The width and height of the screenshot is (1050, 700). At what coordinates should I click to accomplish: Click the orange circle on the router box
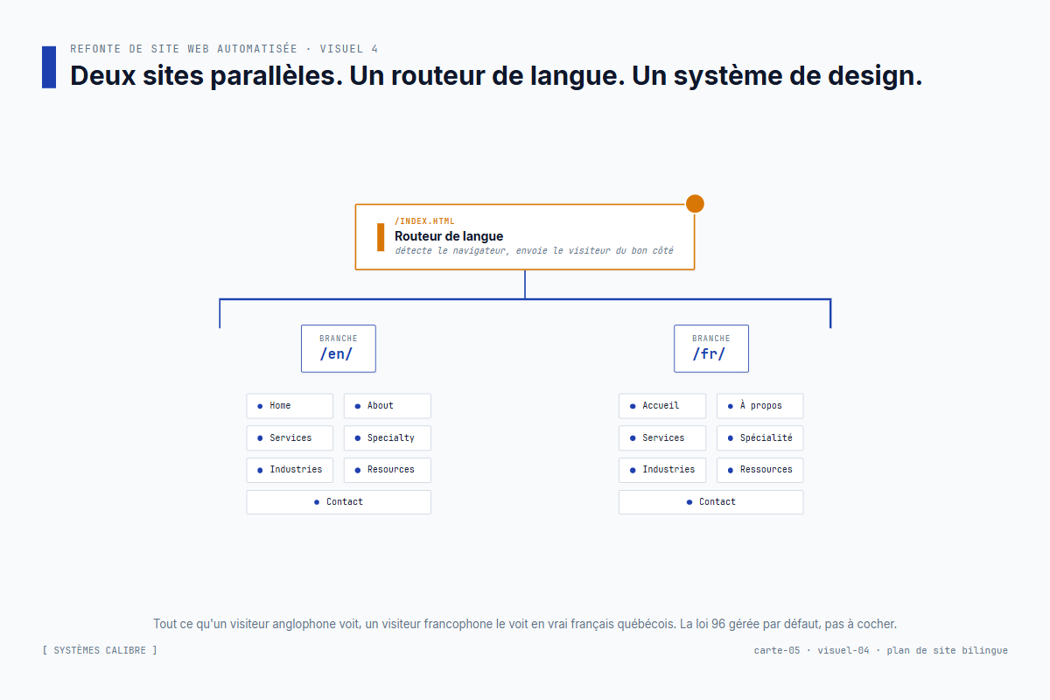coord(695,204)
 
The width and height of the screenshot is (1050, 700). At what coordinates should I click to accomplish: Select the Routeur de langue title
coord(449,236)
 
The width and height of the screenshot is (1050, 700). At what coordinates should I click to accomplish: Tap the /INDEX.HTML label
coord(424,221)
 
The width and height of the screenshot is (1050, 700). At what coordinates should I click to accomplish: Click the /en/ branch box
coord(339,348)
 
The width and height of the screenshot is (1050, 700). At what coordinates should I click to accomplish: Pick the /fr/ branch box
coord(711,348)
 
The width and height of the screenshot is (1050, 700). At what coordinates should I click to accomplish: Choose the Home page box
coord(290,406)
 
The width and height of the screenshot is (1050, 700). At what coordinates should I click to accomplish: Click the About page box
coord(387,406)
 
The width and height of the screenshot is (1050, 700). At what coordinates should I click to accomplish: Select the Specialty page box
coord(387,437)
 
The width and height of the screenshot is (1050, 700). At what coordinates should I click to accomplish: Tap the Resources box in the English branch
coord(387,470)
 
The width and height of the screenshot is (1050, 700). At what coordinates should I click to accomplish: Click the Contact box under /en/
coord(339,502)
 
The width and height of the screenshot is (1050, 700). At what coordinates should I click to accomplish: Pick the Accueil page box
coord(662,406)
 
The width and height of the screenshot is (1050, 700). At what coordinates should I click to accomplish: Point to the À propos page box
coord(759,406)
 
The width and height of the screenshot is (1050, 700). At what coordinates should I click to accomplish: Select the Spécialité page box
coord(759,437)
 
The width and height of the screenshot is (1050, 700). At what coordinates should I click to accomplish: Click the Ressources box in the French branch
coord(759,470)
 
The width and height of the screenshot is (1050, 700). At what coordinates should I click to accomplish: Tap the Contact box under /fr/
coord(711,502)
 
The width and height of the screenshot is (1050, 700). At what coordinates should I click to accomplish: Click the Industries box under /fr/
coord(662,470)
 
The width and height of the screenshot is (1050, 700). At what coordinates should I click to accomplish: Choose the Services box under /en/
coord(290,437)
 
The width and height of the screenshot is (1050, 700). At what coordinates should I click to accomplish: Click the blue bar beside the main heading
coord(49,67)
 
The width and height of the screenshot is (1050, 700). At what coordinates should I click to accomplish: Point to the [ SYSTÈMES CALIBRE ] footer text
coord(100,650)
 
